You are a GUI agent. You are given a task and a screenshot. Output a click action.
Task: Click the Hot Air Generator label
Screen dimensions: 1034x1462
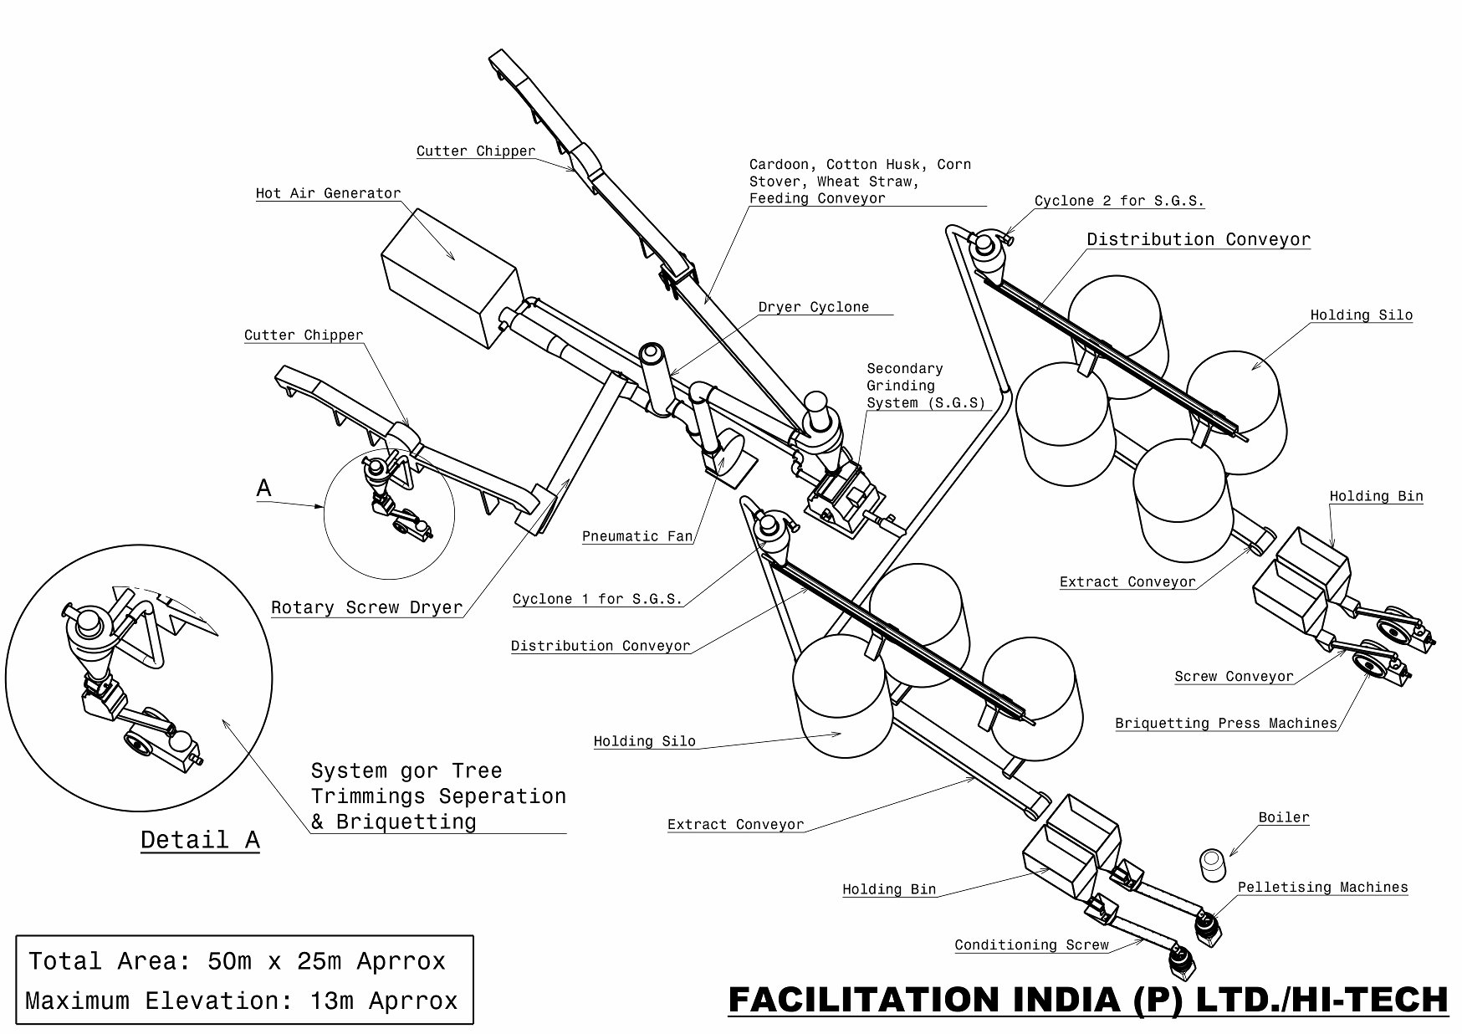pyautogui.click(x=328, y=193)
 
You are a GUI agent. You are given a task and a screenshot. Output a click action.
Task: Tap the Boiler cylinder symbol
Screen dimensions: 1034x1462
pyautogui.click(x=1211, y=864)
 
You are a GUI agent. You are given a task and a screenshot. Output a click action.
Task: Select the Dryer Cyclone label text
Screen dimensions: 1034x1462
pyautogui.click(x=813, y=307)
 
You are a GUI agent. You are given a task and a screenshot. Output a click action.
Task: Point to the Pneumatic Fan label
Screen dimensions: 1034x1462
pyautogui.click(x=637, y=536)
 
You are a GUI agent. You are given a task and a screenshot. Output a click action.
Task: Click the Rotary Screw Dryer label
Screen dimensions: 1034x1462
pyautogui.click(x=366, y=608)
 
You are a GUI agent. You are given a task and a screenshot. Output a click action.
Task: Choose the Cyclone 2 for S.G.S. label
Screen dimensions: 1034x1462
pyautogui.click(x=1119, y=201)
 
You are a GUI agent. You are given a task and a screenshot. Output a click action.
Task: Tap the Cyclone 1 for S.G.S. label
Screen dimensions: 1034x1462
pyautogui.click(x=597, y=599)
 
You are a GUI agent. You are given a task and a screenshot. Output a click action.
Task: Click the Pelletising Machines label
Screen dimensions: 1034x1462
pyautogui.click(x=1322, y=887)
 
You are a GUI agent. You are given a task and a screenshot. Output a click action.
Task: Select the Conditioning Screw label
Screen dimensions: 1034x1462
pyautogui.click(x=1031, y=944)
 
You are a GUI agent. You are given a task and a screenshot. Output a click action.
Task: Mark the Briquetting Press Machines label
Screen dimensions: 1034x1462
pyautogui.click(x=1226, y=723)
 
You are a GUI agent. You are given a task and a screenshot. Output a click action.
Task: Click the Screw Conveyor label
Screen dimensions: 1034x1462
pyautogui.click(x=1234, y=676)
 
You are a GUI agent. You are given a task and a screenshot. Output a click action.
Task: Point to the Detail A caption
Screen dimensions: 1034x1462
pyautogui.click(x=200, y=839)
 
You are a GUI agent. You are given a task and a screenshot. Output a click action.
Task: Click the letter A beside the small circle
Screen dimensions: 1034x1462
pyautogui.click(x=264, y=488)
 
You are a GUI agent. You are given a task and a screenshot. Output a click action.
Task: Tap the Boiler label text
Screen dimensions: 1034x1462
pyautogui.click(x=1283, y=817)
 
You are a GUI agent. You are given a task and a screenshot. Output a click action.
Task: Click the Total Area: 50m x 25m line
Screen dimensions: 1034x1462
pyautogui.click(x=238, y=961)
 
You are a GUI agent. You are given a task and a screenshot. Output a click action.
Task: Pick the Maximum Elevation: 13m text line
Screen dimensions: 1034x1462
pyautogui.click(x=242, y=1001)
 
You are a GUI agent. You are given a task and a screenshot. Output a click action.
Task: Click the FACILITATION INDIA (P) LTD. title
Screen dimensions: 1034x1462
pyautogui.click(x=1087, y=1000)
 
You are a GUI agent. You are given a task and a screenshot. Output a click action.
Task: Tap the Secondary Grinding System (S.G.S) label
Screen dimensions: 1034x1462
pyautogui.click(x=925, y=386)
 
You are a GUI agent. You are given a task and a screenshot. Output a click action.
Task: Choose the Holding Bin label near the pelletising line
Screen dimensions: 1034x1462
pyautogui.click(x=888, y=889)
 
